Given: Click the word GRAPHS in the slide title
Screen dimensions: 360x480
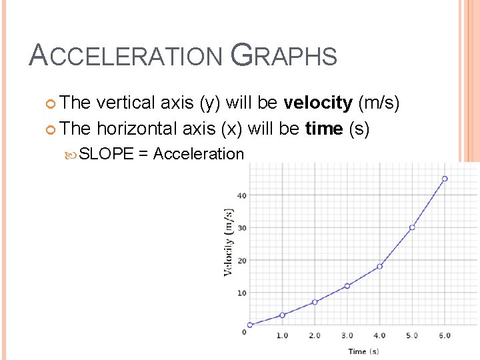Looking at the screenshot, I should click(x=283, y=55).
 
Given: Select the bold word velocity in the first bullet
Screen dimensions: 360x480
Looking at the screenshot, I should click(x=318, y=103).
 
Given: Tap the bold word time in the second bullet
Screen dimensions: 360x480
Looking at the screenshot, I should click(x=324, y=128).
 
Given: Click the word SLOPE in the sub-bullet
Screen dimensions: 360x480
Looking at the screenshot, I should click(x=107, y=154).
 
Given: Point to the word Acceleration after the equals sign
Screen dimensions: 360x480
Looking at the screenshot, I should click(x=199, y=154).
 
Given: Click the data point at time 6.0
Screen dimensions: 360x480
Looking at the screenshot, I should click(x=445, y=179).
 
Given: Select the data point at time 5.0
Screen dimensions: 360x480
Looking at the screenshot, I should click(x=412, y=227).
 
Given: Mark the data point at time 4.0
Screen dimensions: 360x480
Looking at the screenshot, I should click(x=380, y=266).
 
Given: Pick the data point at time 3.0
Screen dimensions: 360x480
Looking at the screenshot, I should click(x=347, y=286).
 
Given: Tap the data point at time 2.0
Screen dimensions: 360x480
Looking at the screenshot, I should click(x=315, y=302).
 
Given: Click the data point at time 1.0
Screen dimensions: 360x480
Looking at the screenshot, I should click(x=282, y=315).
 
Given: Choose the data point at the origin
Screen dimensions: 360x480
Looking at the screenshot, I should click(x=250, y=325).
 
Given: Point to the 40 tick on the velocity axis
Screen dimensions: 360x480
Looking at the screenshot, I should click(x=241, y=195).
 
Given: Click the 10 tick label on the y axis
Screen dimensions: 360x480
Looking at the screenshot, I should click(x=241, y=293).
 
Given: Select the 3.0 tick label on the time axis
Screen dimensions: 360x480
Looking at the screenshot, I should click(x=347, y=335).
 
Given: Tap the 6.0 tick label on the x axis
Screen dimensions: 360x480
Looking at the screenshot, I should click(x=444, y=335).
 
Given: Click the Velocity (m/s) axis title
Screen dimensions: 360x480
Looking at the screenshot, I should click(x=229, y=242).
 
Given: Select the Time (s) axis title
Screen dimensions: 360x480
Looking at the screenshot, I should click(x=363, y=351).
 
